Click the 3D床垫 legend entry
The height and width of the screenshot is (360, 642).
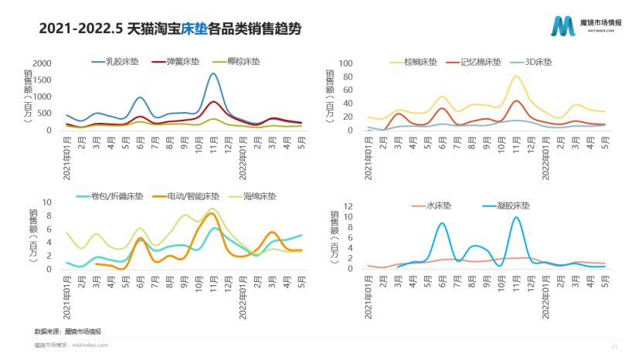[x=539, y=63]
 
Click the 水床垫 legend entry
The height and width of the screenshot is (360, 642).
[x=443, y=206]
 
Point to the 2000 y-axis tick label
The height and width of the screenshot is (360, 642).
[x=42, y=63]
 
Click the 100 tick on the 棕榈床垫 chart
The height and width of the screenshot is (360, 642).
[x=345, y=63]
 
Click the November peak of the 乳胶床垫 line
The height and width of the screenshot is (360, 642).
[x=214, y=74]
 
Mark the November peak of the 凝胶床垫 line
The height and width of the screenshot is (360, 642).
[x=516, y=217]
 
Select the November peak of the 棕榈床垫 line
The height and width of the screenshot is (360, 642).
[x=516, y=76]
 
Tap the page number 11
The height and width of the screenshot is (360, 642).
[x=615, y=348]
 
